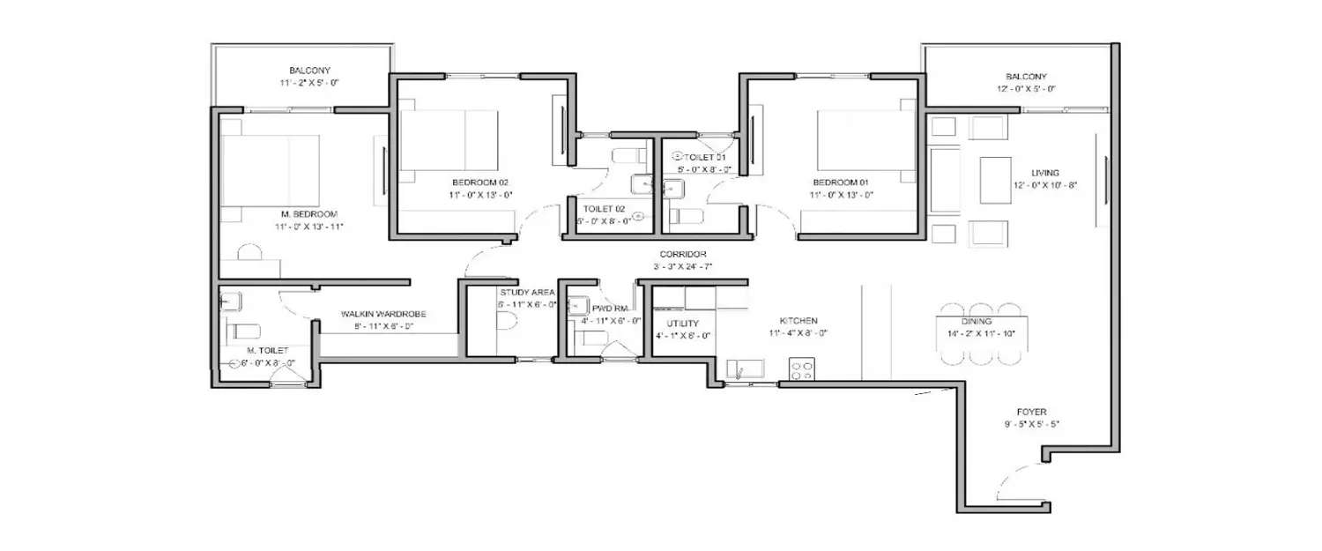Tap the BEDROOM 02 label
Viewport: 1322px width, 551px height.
pos(481,182)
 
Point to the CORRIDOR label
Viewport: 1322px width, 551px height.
pos(683,254)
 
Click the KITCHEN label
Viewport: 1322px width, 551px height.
pos(798,321)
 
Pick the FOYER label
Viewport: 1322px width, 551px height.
pos(1030,411)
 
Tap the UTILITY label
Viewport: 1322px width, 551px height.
pos(682,324)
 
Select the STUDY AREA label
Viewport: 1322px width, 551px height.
pos(527,292)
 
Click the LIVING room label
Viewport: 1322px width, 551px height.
pos(1046,173)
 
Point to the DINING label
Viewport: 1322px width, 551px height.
pos(983,322)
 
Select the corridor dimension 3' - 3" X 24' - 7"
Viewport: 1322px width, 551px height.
pos(683,265)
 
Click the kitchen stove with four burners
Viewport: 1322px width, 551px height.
pos(800,370)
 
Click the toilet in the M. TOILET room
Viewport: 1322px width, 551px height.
pos(244,331)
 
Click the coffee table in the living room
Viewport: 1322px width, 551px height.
pos(996,181)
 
